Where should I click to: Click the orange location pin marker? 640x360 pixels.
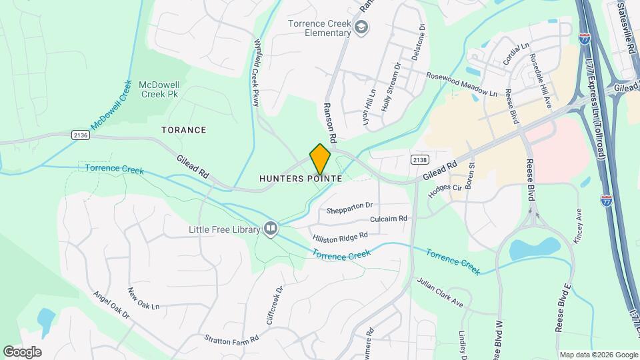tap(320, 159)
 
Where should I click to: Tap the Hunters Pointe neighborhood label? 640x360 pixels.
tap(301, 179)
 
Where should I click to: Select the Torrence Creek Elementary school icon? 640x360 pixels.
tap(361, 27)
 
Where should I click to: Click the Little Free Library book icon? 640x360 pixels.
tap(270, 229)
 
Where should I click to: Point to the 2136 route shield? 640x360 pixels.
tap(80, 135)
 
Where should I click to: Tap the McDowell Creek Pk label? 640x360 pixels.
tap(159, 90)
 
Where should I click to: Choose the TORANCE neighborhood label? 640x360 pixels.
tap(184, 129)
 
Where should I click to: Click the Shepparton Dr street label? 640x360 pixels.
tap(349, 208)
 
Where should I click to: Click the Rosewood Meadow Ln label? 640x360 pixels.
tap(462, 85)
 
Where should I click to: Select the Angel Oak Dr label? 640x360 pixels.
tap(110, 307)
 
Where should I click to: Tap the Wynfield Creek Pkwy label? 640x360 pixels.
tap(256, 72)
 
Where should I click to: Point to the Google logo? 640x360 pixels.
tap(22, 351)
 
